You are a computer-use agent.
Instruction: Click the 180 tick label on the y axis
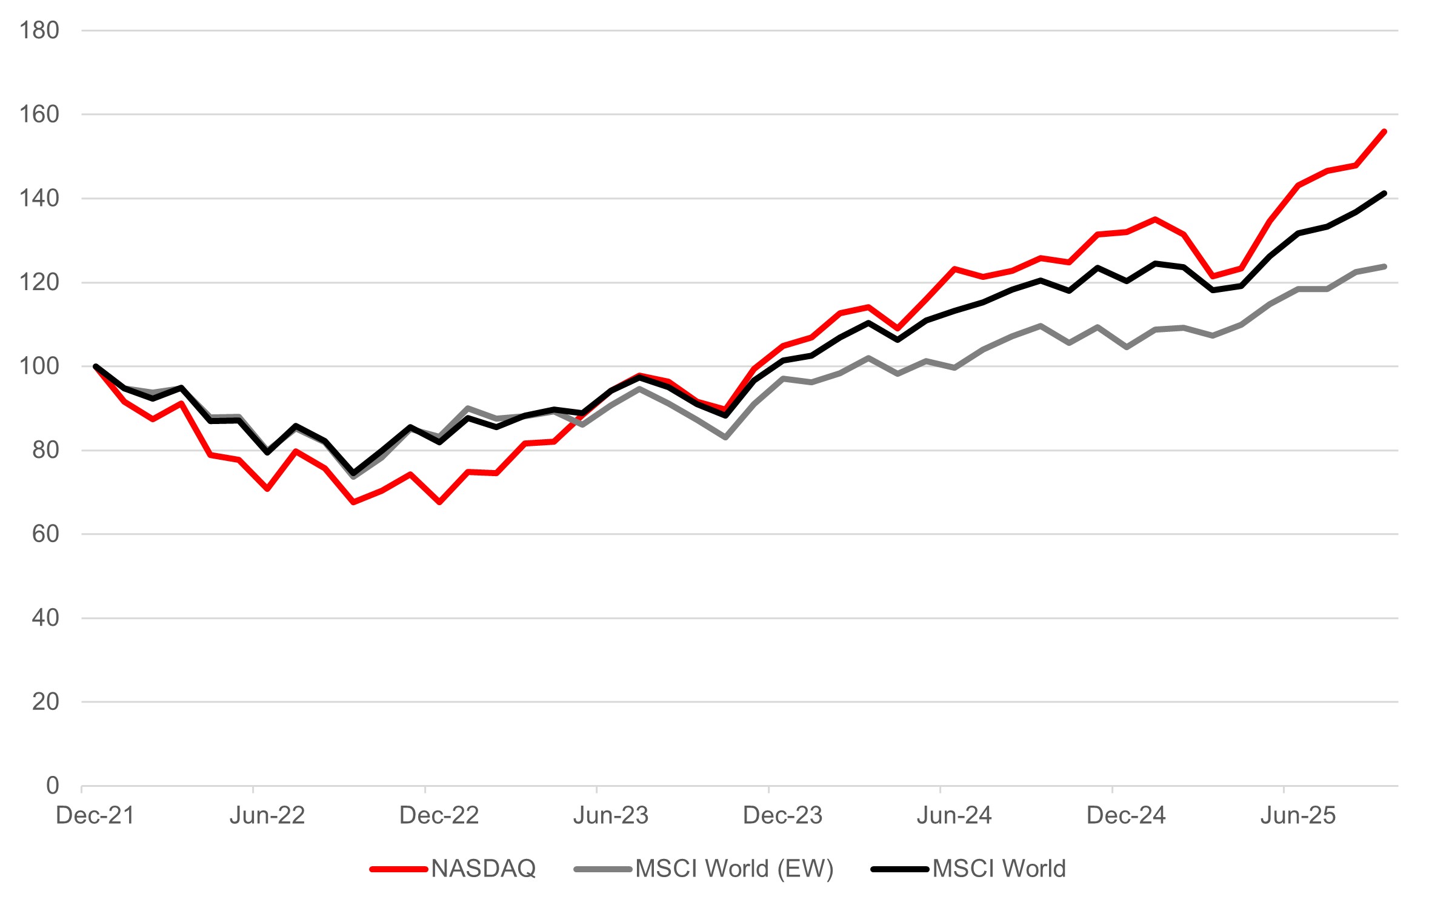point(39,30)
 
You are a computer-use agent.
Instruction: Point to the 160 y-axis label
point(39,114)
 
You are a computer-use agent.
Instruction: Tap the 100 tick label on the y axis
point(39,366)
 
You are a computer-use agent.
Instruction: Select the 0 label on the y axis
point(53,786)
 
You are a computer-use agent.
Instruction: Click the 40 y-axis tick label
point(45,618)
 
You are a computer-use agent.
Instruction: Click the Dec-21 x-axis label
point(95,816)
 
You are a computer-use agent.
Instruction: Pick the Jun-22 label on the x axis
point(267,816)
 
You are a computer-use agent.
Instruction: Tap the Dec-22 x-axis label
point(439,816)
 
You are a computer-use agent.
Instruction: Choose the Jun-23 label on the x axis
point(611,816)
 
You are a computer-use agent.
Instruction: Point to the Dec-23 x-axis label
point(782,816)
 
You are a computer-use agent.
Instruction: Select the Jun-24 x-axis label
point(954,816)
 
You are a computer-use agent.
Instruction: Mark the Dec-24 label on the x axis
point(1126,816)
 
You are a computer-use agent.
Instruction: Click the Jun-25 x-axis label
point(1298,816)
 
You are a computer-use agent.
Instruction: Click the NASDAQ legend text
point(484,869)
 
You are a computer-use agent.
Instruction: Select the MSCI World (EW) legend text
point(734,869)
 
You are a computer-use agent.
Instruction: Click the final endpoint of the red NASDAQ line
point(1384,131)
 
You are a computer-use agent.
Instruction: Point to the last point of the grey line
point(1384,266)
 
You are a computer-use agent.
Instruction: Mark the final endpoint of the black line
point(1384,193)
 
